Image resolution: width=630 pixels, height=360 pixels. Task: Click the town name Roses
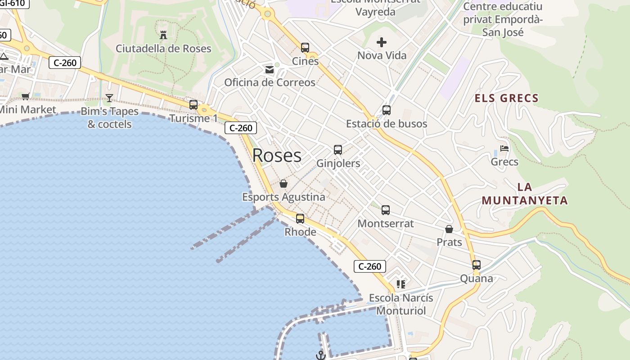pos(277,156)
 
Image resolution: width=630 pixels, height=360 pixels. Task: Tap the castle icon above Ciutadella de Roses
pos(163,35)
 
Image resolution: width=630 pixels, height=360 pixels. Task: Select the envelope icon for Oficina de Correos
pos(270,70)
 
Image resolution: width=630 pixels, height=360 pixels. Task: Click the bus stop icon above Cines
pos(305,48)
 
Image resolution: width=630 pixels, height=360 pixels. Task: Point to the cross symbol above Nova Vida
pos(382,43)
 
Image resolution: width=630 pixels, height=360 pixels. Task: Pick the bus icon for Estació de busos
pos(387,110)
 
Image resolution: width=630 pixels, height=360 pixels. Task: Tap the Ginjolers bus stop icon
pos(338,150)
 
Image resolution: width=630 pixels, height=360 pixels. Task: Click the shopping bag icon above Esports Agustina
pos(283,184)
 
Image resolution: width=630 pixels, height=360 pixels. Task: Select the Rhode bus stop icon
pos(300,219)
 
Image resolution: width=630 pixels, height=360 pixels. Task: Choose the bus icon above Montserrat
pos(386,210)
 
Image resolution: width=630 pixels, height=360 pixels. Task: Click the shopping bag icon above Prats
pos(449,229)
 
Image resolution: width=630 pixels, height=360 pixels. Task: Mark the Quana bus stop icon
pos(477,265)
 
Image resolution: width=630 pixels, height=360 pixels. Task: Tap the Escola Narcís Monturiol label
pos(401,304)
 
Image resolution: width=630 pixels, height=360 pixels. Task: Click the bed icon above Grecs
pos(504,148)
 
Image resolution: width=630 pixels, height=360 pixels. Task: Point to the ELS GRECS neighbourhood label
pos(507,98)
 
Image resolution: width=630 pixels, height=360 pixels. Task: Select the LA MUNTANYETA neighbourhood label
pos(525,193)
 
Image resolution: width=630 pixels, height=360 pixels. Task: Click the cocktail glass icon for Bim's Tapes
pos(109,98)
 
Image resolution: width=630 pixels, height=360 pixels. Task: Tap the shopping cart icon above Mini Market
pos(26,96)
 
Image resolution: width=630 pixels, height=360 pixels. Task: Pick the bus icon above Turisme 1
pos(193,105)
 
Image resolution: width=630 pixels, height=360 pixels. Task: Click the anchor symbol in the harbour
pos(320,355)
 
